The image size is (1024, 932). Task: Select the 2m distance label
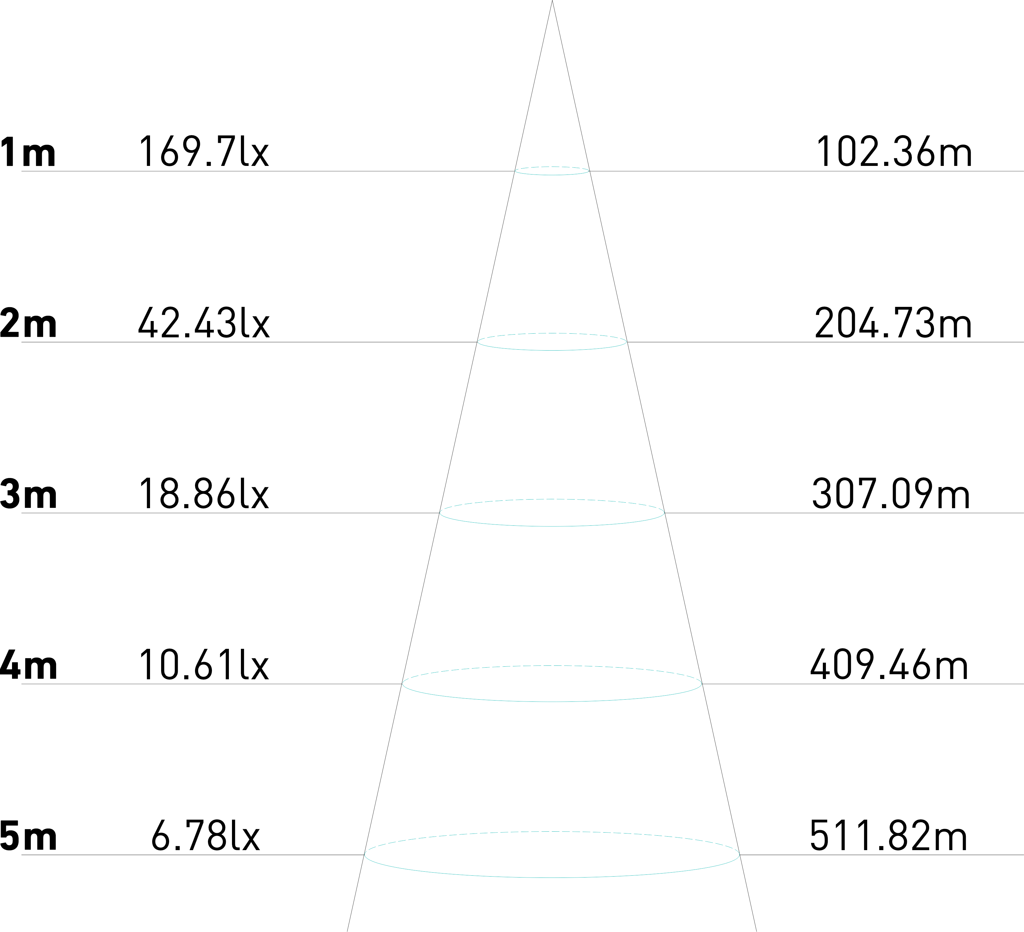(28, 323)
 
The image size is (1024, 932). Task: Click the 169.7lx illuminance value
(203, 151)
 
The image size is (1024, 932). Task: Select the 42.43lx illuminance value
(203, 322)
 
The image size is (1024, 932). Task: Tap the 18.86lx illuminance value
(203, 493)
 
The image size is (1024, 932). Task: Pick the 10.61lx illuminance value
(203, 665)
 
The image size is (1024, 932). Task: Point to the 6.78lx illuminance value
(206, 836)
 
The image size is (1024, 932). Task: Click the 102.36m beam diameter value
(893, 151)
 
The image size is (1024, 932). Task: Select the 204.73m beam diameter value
(893, 322)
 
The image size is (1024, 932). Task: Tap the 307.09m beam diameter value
(892, 493)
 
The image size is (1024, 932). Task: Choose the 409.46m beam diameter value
(889, 665)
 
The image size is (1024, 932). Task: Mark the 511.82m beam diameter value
(888, 836)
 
